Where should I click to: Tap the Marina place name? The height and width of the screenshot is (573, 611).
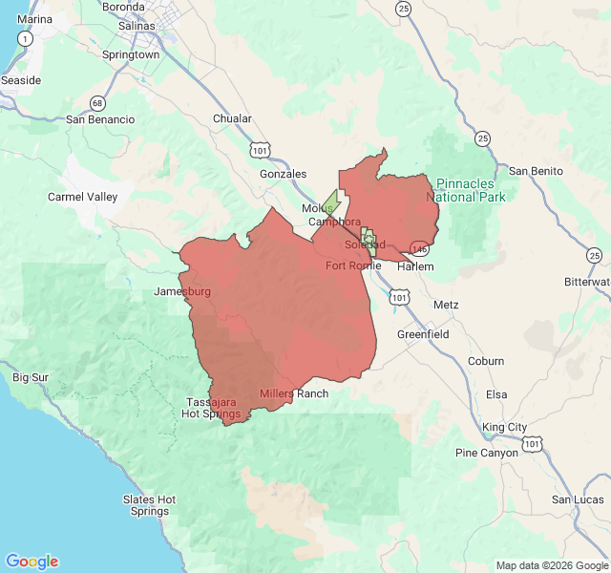35,19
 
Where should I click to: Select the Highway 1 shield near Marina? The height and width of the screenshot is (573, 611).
25,38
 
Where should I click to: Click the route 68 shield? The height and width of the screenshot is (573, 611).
97,102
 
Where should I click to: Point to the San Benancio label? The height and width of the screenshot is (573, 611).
100,119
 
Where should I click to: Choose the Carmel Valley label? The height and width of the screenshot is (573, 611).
83,197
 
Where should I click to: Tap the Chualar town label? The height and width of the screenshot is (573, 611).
233,118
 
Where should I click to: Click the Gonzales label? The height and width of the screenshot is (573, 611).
284,174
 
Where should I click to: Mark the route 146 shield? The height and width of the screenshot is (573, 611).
418,249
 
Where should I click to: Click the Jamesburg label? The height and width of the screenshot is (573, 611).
181,290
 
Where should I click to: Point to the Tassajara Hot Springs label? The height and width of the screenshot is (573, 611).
211,408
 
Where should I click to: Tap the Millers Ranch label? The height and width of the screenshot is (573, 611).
294,393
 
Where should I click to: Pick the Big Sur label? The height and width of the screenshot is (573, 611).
31,377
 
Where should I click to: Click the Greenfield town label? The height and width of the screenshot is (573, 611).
423,335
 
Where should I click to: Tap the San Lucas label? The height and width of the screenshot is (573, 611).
578,499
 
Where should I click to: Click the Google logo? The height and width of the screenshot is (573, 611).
32,562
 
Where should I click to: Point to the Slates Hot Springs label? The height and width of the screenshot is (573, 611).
150,505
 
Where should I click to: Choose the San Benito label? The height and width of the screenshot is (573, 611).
536,171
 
